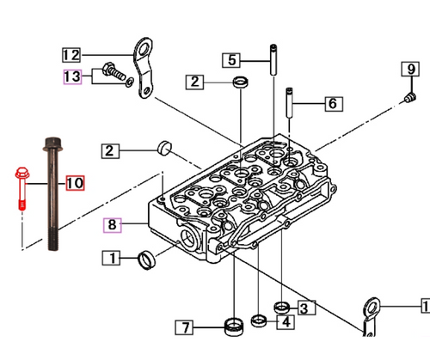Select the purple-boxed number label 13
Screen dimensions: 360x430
click(x=71, y=76)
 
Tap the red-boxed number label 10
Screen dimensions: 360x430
click(x=75, y=183)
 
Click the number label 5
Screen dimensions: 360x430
click(x=231, y=59)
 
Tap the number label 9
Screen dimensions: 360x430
click(x=411, y=69)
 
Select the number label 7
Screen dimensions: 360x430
click(x=185, y=326)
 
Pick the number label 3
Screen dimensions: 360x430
click(x=303, y=308)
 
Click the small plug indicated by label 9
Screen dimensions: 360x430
click(x=404, y=101)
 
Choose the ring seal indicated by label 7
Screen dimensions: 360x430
click(x=230, y=326)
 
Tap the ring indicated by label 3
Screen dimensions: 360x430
click(x=279, y=307)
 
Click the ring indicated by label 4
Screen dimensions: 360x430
click(x=259, y=322)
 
